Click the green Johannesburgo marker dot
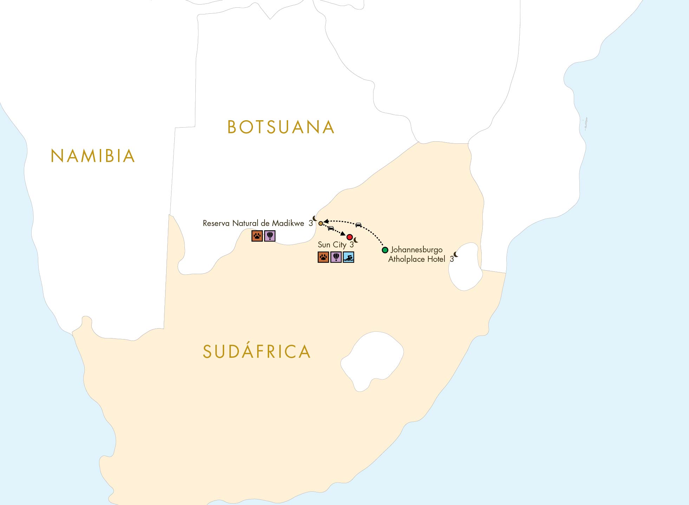[385, 250]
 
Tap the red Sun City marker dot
[350, 237]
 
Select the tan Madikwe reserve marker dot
[320, 223]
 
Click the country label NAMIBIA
[93, 156]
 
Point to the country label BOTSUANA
[281, 127]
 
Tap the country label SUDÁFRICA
[257, 352]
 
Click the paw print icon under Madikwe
[257, 236]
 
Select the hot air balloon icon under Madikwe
[270, 236]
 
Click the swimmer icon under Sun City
[349, 257]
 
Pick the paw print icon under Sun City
[323, 257]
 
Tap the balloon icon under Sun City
[336, 257]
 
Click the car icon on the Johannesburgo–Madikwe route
[358, 225]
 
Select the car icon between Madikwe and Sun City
[331, 228]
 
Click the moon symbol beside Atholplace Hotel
[456, 254]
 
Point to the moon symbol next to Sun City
[356, 240]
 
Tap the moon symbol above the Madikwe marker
[315, 218]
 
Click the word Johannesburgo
[417, 250]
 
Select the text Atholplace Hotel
[417, 259]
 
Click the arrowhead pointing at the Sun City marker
[343, 234]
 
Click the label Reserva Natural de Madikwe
[253, 224]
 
